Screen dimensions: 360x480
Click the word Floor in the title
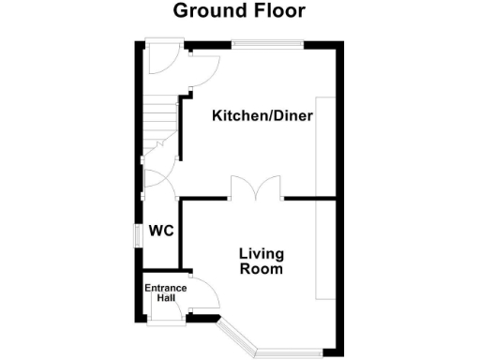278,11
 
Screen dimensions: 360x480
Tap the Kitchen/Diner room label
262,116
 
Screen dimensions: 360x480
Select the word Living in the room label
262,254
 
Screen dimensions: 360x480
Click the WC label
158,231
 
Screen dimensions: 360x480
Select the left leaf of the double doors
243,187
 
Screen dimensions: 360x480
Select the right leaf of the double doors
270,187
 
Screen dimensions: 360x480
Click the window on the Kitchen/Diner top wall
268,43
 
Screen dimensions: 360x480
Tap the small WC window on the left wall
136,234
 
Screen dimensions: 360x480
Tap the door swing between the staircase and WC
155,175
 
